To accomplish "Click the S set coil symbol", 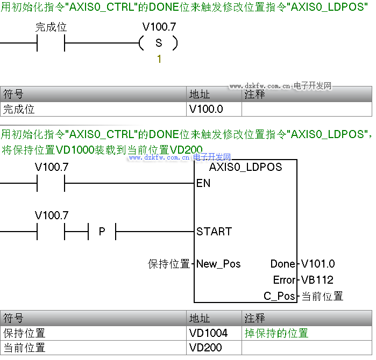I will [x=158, y=44].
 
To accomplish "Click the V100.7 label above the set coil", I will [x=159, y=27].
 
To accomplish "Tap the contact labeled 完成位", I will [x=51, y=44].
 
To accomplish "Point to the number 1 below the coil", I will [x=159, y=59].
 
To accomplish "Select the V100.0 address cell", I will [x=206, y=109].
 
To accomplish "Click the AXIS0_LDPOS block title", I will [x=245, y=167].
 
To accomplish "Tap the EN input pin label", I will [x=203, y=183].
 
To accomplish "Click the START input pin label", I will [x=214, y=232].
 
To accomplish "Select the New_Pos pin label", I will [x=218, y=264].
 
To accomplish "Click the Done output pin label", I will [x=283, y=264].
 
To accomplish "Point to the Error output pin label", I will [x=284, y=280].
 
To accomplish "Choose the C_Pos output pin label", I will [x=280, y=296].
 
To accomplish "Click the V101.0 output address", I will [x=318, y=264].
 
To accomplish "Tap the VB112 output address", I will [x=317, y=280].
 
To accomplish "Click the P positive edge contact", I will [x=102, y=232].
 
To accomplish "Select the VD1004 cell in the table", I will [x=209, y=333].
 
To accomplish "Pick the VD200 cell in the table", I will [x=205, y=348].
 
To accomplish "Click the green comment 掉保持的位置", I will [x=276, y=333].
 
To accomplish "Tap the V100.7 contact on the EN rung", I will [x=51, y=183].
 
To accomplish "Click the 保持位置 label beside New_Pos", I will [x=169, y=264].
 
